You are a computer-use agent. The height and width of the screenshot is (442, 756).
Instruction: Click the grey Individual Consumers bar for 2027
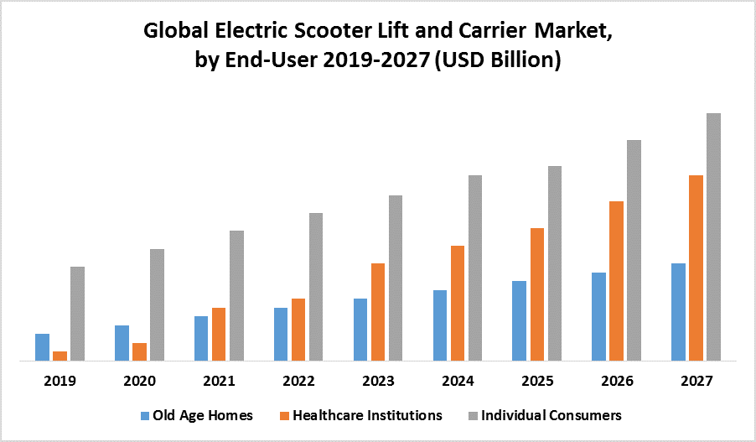click(713, 237)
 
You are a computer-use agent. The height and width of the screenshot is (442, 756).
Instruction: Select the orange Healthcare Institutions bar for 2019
click(60, 356)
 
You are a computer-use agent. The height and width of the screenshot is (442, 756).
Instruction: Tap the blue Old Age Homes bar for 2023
click(360, 330)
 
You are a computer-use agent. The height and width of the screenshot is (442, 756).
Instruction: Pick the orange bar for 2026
click(616, 281)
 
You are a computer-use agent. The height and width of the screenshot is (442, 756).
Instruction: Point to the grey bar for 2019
click(77, 314)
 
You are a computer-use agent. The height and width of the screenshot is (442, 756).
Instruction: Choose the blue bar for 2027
click(678, 312)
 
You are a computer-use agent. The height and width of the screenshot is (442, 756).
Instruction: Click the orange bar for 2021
click(219, 334)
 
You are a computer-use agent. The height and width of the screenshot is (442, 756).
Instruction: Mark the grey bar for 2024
click(474, 268)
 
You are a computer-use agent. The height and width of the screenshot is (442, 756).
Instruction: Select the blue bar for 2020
click(122, 343)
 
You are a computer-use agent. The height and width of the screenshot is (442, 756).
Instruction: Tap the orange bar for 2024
click(457, 303)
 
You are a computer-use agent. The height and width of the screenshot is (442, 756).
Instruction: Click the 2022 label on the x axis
click(298, 381)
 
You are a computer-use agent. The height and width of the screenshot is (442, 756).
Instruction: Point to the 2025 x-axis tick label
click(537, 381)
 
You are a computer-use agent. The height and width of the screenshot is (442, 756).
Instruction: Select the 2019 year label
click(60, 381)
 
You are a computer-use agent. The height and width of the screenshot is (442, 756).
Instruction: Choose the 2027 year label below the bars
click(696, 381)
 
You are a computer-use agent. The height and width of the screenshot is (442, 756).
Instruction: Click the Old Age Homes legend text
click(202, 415)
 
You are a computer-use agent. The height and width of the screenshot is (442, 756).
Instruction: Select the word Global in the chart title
click(172, 33)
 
